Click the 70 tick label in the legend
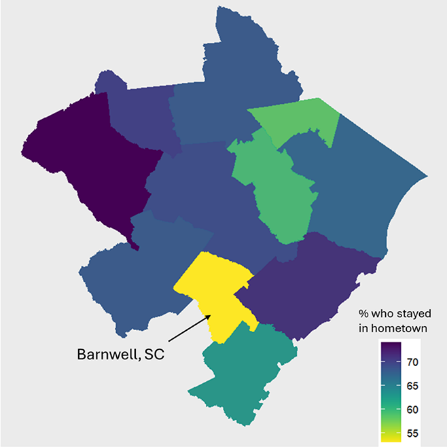[x=414, y=362]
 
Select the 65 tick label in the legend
[x=414, y=386]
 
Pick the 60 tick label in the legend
[x=414, y=410]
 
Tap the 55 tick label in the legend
[x=414, y=433]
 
